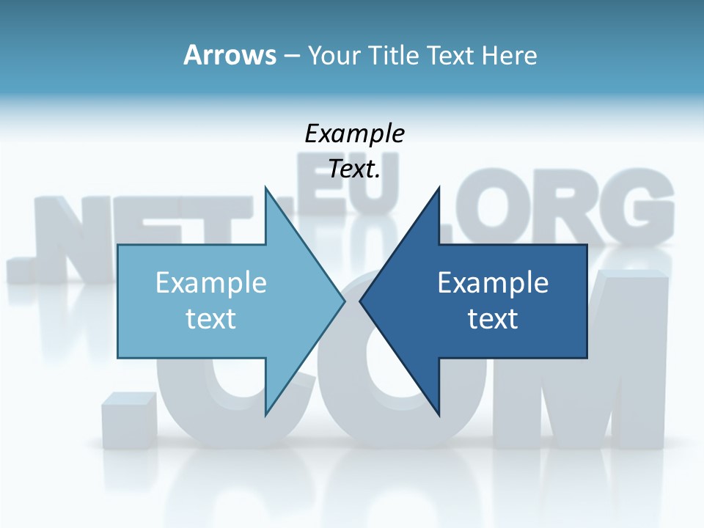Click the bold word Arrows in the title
coord(230,55)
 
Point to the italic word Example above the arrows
coord(354,134)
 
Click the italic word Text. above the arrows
coord(354,169)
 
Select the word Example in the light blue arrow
coord(211,282)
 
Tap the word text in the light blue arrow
coord(211,318)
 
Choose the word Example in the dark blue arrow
coord(493,282)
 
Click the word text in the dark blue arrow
coord(493,318)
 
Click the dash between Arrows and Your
coord(291,56)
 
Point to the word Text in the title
coord(450,55)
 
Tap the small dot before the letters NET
coord(19,268)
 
